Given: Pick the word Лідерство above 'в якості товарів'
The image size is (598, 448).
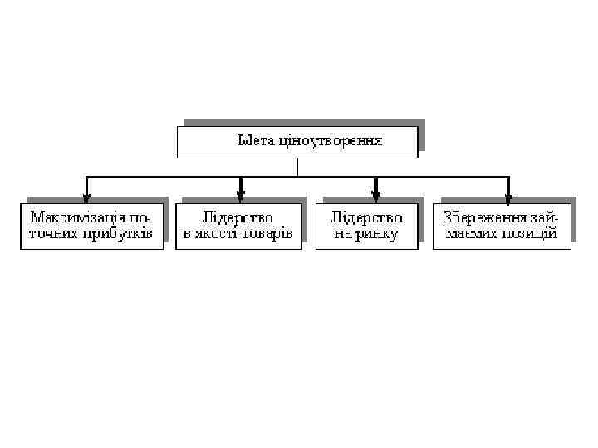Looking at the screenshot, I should point(238,217).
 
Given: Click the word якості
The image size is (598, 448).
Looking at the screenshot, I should point(215,234).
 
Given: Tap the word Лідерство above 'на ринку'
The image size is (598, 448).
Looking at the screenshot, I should point(366,217).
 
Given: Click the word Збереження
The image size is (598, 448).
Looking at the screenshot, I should point(484,217).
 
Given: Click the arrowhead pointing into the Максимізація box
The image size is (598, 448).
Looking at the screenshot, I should point(86,198).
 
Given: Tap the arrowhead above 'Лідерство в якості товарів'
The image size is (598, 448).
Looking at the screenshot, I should point(240,198).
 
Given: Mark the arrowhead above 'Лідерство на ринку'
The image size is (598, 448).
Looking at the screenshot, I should point(375,198).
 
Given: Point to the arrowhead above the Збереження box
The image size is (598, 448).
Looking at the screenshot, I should point(508,198).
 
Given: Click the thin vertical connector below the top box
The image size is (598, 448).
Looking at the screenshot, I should point(297,167).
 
